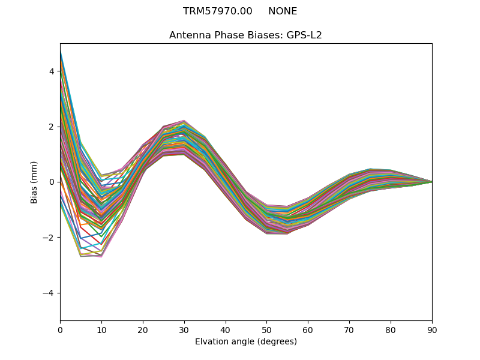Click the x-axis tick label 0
[x=60, y=329]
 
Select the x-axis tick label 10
[x=101, y=329]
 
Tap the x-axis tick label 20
[x=143, y=329]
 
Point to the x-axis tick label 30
[x=184, y=329]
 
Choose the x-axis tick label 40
[x=226, y=329]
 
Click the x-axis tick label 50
[x=266, y=329]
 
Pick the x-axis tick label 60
[x=308, y=329]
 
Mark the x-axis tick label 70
[x=349, y=329]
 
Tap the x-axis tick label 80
[x=391, y=329]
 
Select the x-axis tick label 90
[x=432, y=329]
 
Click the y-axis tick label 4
[x=52, y=71]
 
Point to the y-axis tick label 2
[x=52, y=127]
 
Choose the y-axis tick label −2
[x=49, y=238]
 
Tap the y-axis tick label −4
[x=49, y=293]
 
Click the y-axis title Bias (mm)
[x=34, y=182]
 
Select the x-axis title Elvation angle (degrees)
[x=246, y=341]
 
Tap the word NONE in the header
[x=283, y=11]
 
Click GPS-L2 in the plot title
[x=304, y=35]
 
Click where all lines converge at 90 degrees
[x=431, y=182]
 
